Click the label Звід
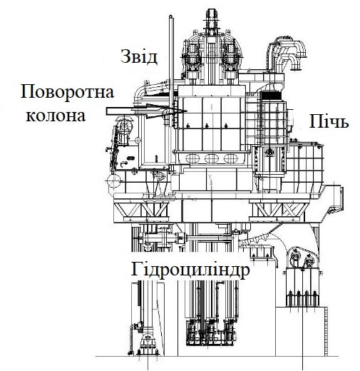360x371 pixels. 139,56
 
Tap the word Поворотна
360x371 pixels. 67,93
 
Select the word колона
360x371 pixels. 56,116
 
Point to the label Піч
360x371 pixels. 329,121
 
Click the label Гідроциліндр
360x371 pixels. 190,270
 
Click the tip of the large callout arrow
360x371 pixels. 187,111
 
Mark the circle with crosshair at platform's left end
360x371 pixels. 113,181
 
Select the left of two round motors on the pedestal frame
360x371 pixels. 295,255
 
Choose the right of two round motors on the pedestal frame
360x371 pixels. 309,261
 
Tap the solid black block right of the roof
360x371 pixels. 271,96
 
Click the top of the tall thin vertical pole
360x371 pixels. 170,16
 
